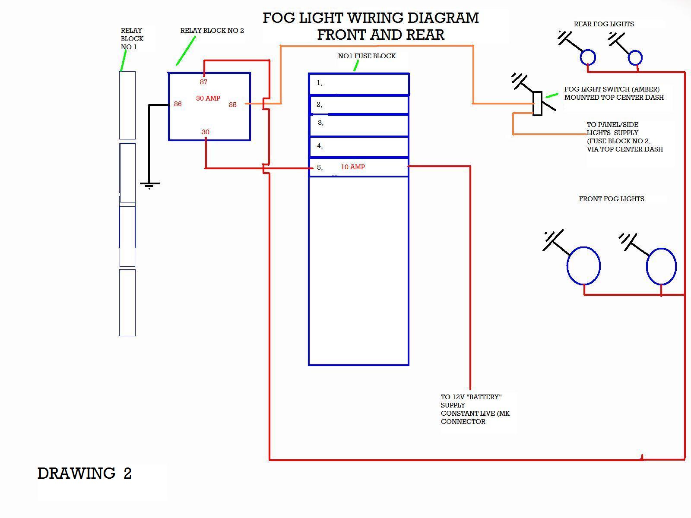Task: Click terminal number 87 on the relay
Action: pos(204,82)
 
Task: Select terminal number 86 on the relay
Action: pos(178,104)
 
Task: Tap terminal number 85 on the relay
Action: pos(233,105)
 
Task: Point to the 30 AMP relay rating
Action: pos(208,98)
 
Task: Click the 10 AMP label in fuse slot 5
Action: pos(353,167)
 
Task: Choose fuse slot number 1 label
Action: pos(320,83)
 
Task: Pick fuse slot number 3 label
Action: pos(320,123)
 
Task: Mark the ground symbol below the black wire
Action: pos(150,186)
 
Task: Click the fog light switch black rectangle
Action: pos(537,104)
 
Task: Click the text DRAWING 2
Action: pos(84,474)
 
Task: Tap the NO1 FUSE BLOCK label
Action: pos(367,56)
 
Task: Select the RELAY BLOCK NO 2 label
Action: pos(212,31)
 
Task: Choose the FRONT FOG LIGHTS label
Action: pos(612,199)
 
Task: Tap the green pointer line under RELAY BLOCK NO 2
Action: pos(186,51)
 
